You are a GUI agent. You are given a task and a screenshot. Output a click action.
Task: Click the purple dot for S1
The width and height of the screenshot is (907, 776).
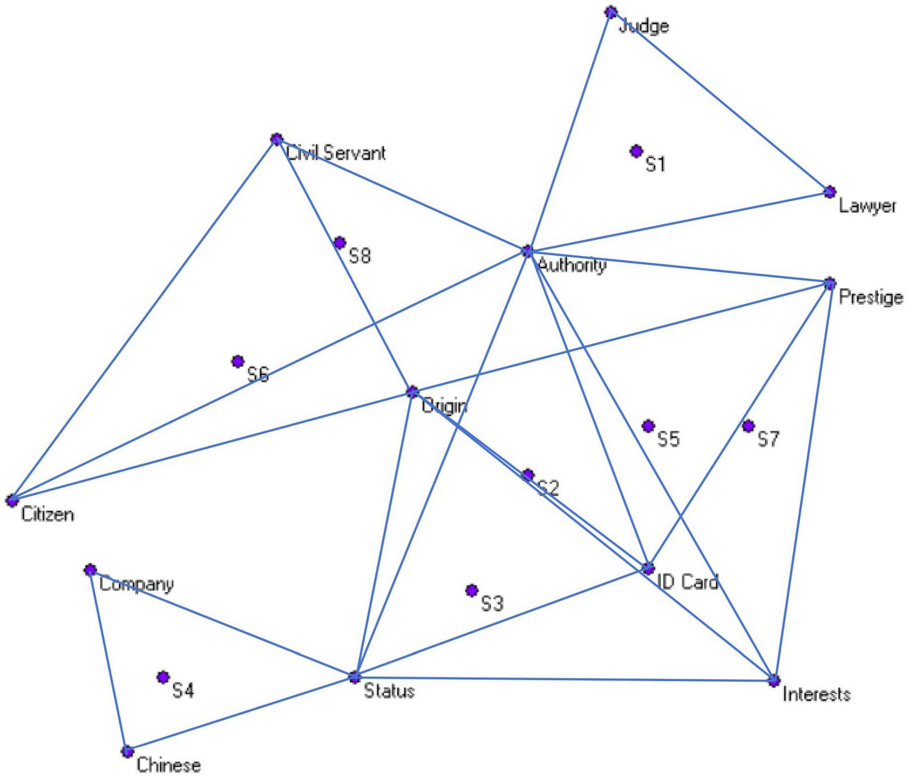point(635,151)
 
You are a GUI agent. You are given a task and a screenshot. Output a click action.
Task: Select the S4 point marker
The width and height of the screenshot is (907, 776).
point(163,677)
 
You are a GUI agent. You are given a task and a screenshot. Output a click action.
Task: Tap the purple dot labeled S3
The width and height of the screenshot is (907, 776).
point(472,590)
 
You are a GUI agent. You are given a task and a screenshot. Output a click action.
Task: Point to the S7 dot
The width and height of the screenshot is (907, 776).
point(748,426)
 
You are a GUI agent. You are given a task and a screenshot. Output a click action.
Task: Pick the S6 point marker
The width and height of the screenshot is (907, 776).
point(238,361)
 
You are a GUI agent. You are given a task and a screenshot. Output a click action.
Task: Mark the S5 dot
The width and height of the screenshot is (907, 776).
point(648,426)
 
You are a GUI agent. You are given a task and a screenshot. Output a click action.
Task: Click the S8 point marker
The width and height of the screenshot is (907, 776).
point(340,242)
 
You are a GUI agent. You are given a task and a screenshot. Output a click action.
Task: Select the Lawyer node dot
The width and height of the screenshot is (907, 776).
point(830,192)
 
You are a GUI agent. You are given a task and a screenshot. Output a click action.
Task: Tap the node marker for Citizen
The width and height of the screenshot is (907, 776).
point(12,500)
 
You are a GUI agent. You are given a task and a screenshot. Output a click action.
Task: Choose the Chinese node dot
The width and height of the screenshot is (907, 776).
point(127,751)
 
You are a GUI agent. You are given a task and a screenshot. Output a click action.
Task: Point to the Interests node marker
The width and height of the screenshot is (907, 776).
point(773,681)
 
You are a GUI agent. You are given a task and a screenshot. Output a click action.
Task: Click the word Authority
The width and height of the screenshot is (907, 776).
point(572,266)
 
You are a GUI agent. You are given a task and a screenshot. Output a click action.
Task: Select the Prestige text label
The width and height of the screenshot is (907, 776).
point(870,298)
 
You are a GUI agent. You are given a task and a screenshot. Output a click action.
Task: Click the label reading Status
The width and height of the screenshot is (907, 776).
point(389,692)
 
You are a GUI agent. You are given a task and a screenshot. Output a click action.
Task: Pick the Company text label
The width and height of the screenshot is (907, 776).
point(137,584)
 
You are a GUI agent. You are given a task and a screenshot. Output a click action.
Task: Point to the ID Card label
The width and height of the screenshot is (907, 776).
point(687,582)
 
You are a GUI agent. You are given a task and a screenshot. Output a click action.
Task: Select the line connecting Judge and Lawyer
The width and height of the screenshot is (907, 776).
point(721,102)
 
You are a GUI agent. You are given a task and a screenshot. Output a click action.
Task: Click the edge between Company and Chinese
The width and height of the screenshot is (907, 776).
point(109,661)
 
